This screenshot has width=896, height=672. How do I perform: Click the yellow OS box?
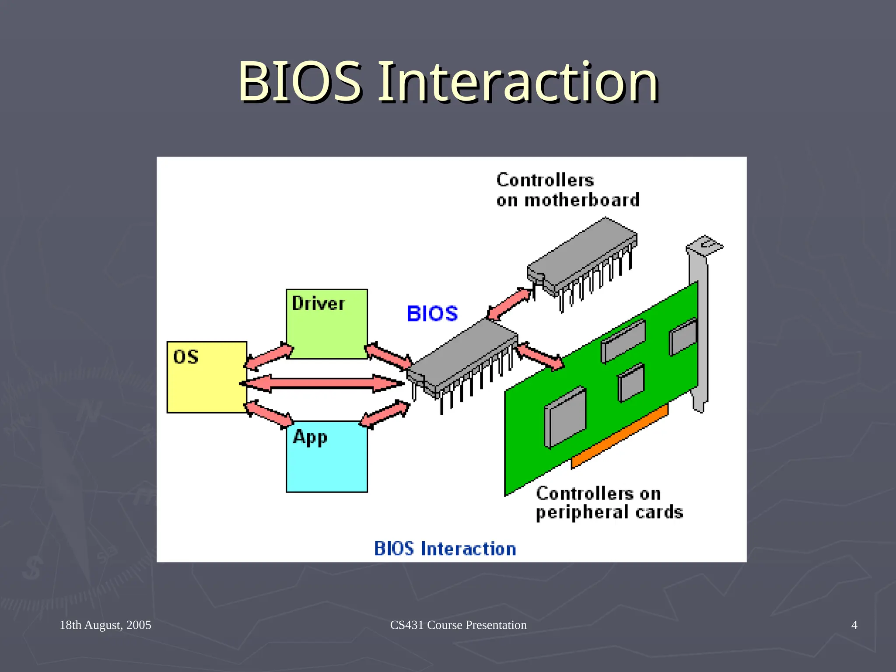[x=206, y=377]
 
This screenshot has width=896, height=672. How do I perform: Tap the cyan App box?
[x=326, y=457]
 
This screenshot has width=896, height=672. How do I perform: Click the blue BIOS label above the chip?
[x=432, y=314]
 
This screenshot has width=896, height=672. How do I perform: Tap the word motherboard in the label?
[x=581, y=200]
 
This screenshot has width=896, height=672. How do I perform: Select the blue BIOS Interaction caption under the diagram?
[x=445, y=549]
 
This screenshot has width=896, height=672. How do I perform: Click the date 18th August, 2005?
[x=105, y=625]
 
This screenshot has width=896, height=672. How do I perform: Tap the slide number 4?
[x=854, y=625]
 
